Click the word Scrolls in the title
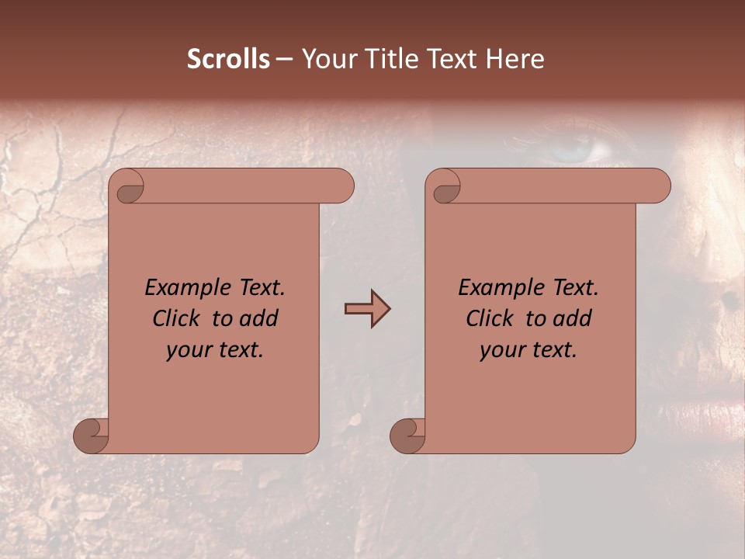point(228,59)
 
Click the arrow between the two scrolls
point(367,309)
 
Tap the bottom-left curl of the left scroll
point(92,436)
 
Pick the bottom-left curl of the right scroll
point(407,436)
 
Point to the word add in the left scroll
point(260,319)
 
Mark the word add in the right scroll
point(573,319)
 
